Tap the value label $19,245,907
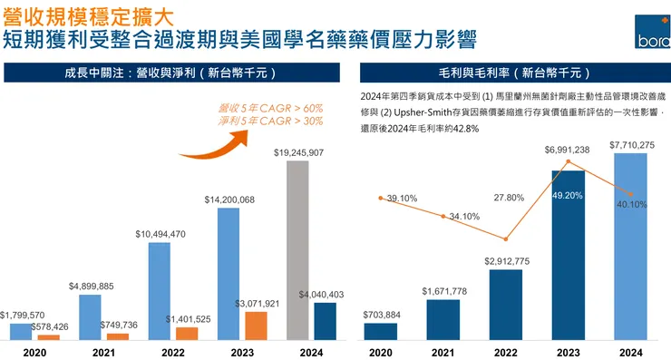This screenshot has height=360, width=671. point(298,153)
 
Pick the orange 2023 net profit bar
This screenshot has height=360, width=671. point(257,326)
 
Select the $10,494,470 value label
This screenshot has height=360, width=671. point(160,234)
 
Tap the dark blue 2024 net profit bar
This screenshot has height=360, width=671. point(325,321)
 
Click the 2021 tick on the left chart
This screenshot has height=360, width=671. point(103,353)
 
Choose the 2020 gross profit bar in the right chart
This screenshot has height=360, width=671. point(380,331)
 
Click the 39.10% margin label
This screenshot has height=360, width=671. point(402,199)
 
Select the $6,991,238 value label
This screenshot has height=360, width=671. point(567,150)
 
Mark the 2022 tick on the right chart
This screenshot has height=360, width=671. point(505,353)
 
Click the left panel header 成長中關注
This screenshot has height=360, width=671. point(169,72)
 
